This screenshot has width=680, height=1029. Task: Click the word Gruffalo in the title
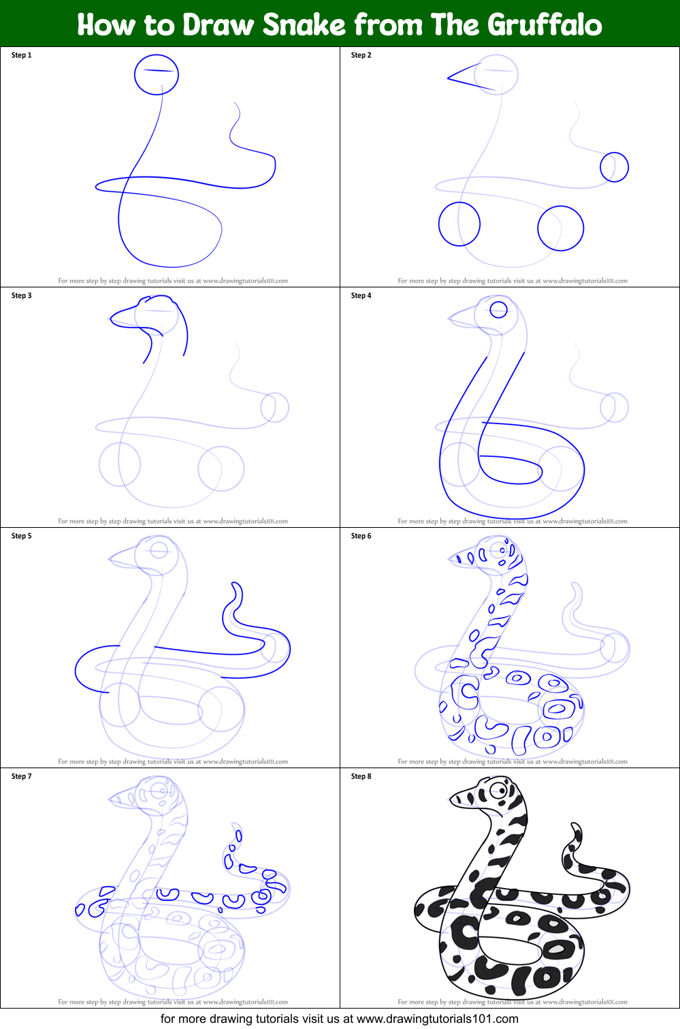pyautogui.click(x=544, y=25)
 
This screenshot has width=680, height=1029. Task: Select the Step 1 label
pyautogui.click(x=22, y=55)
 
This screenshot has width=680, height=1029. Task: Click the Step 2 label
pyautogui.click(x=361, y=55)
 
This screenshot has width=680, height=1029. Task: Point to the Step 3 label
pyautogui.click(x=22, y=296)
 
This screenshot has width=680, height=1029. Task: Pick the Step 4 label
pyautogui.click(x=361, y=296)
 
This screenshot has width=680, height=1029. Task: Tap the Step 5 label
pyautogui.click(x=22, y=536)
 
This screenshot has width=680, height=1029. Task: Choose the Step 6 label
pyautogui.click(x=361, y=536)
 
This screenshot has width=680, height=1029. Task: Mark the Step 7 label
pyautogui.click(x=22, y=776)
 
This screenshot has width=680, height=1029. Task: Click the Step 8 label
pyautogui.click(x=361, y=776)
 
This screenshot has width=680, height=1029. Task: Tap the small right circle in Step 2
pyautogui.click(x=615, y=153)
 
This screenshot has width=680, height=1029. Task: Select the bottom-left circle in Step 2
pyautogui.click(x=459, y=202)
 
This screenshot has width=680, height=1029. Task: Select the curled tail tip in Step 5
pyautogui.click(x=236, y=584)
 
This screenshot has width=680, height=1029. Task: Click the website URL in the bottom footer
pyautogui.click(x=438, y=1019)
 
